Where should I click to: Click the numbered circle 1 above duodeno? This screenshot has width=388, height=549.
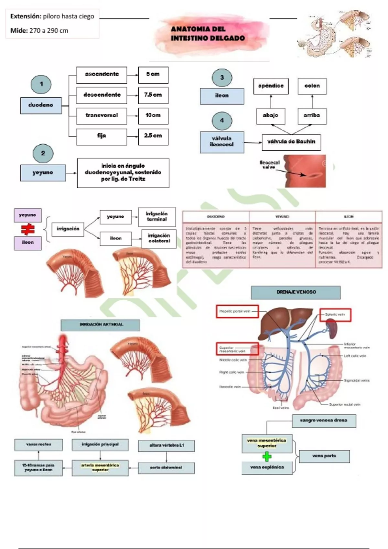[x=41, y=84]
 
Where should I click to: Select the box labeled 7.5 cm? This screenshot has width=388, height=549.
[x=153, y=95]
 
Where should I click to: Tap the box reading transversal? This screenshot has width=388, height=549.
[x=102, y=116]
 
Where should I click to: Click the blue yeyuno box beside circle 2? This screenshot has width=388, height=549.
[x=43, y=173]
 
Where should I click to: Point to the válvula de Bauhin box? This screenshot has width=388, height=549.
[x=291, y=142]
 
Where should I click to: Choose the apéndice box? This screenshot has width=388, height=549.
[x=271, y=86]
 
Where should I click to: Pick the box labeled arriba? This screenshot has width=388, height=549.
[x=312, y=116]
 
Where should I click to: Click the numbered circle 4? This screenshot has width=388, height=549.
[x=222, y=120]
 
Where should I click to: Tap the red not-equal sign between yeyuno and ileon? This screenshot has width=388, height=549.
[x=28, y=229]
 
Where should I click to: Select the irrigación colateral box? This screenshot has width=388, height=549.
[x=159, y=238]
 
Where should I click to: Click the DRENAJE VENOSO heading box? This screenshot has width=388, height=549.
[x=296, y=292]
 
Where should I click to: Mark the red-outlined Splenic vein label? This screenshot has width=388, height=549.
[x=335, y=315]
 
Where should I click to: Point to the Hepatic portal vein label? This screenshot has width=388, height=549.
[x=237, y=311]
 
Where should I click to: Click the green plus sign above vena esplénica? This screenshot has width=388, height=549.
[x=267, y=457]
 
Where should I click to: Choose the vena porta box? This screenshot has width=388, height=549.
[x=324, y=456]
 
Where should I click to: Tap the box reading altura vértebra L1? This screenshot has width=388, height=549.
[x=166, y=446]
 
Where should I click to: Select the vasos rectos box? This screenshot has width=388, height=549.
[x=38, y=445]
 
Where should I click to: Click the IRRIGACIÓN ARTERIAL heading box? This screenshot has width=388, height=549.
[x=101, y=325]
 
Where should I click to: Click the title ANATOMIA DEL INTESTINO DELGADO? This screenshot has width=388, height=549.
[x=208, y=34]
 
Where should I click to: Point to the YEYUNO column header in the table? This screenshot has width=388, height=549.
[x=282, y=217]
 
